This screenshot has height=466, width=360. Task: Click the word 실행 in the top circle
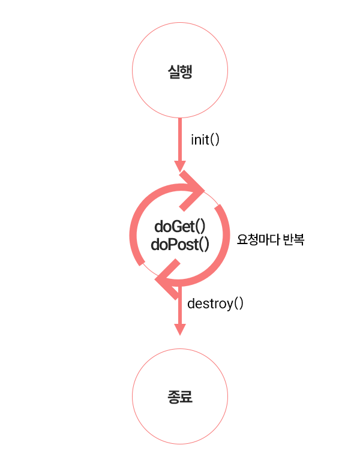click(180, 73)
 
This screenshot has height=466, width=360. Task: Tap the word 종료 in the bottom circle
click(180, 397)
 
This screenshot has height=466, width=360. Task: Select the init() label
click(205, 140)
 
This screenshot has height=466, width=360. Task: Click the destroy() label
click(215, 303)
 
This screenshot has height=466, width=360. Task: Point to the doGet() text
click(180, 227)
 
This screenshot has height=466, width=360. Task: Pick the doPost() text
click(180, 244)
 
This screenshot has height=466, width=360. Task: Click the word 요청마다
click(257, 240)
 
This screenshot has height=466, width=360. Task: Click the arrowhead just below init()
click(179, 166)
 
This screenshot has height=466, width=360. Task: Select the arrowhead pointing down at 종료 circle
click(179, 329)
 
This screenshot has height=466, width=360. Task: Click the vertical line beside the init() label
click(179, 138)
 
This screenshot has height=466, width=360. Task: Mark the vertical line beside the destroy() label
click(179, 306)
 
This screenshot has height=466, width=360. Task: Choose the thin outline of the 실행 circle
click(132, 73)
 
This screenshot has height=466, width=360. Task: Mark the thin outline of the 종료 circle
click(132, 397)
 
